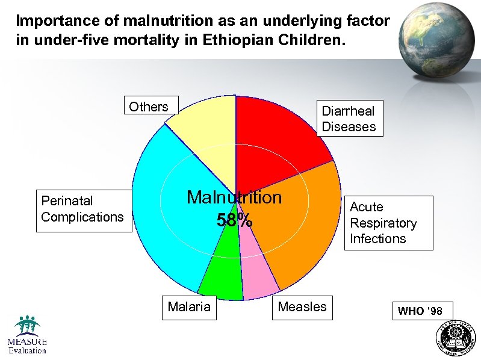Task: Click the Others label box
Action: tap(149, 107)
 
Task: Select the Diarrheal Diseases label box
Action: tap(349, 119)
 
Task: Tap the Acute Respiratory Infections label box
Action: tap(383, 223)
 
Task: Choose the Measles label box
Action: tap(302, 307)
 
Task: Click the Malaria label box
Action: tap(189, 307)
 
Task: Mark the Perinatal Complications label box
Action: tap(82, 209)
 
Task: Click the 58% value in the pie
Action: tap(234, 221)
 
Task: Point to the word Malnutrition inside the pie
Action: tap(234, 197)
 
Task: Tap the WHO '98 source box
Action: tap(420, 311)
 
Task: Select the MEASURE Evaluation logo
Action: tap(27, 335)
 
